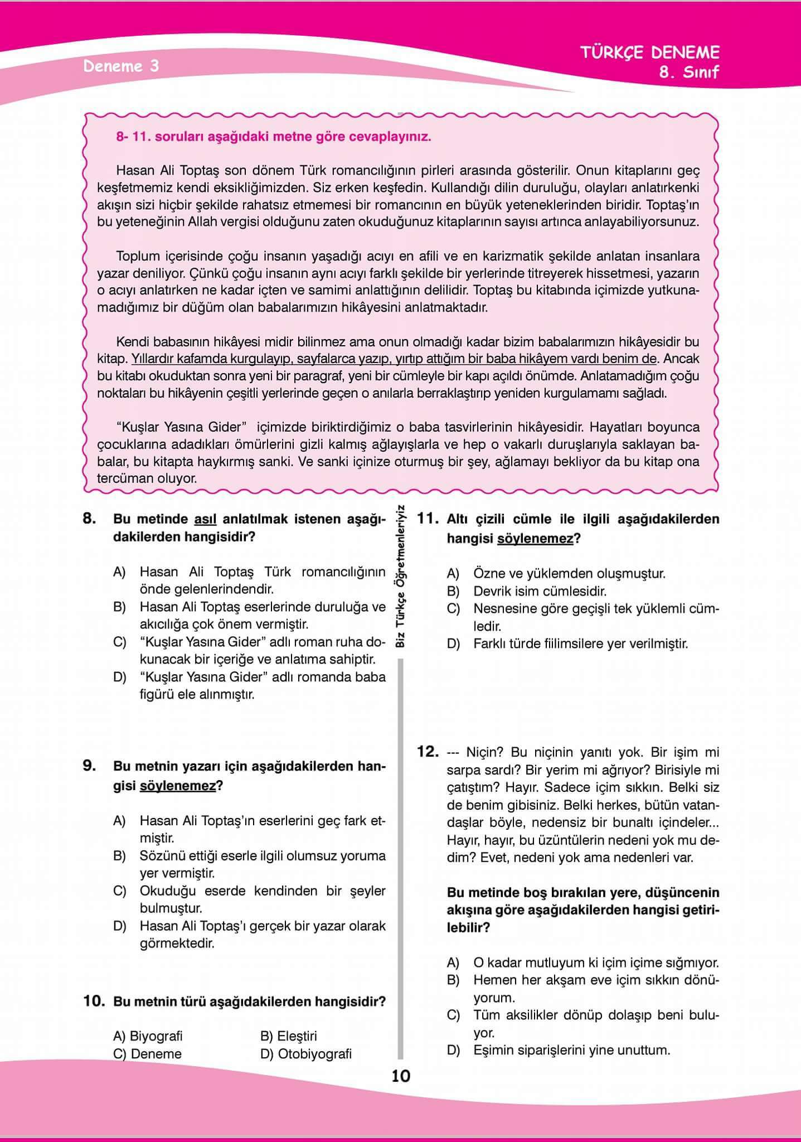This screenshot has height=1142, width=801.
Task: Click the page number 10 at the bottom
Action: tap(401, 1076)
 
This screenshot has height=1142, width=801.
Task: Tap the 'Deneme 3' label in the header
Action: tap(121, 66)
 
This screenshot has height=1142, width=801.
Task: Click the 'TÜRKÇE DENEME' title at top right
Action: tap(649, 53)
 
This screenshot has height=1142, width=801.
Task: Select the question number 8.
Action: tap(89, 519)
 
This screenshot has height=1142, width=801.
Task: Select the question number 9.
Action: tap(89, 766)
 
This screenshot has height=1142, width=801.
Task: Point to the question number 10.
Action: tap(94, 1001)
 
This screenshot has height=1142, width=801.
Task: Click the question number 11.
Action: tap(428, 519)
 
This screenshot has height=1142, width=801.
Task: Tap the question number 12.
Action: tap(428, 752)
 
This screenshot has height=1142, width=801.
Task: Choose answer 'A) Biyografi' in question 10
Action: tap(148, 1036)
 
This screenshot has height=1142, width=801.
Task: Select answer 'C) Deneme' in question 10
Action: tap(147, 1054)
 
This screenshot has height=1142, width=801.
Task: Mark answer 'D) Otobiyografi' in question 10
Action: tap(306, 1054)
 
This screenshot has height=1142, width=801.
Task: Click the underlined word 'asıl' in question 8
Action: tap(205, 519)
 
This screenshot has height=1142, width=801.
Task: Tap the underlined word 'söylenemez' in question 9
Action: tap(177, 786)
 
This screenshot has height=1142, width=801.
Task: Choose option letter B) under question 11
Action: tap(453, 591)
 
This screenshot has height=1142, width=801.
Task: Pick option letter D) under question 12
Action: tap(453, 1051)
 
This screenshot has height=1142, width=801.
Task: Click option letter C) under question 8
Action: tap(120, 642)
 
